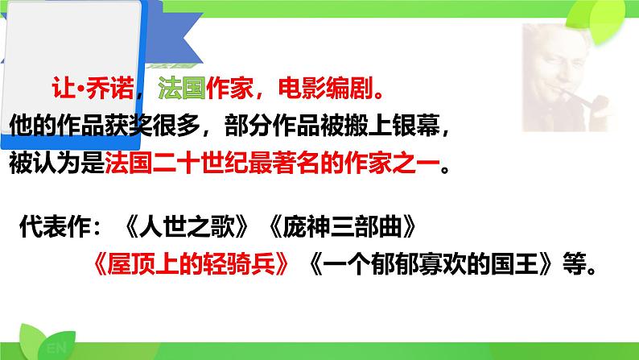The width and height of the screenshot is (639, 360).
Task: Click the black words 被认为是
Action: [x=56, y=165]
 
